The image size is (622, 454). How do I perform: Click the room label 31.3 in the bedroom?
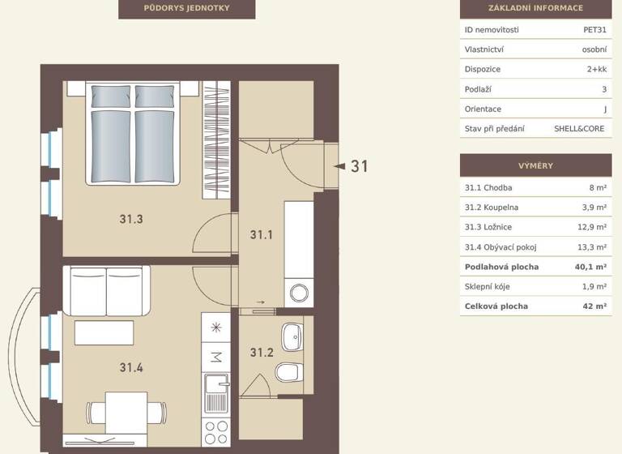coord(130,219)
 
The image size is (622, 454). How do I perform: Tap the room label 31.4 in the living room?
coord(130,367)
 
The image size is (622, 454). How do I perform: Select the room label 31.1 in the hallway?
coord(261,235)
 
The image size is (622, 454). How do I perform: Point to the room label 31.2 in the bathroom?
coord(261,353)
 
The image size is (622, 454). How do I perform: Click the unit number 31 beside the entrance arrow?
coord(360,166)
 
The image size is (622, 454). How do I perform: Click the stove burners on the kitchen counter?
coord(216,431)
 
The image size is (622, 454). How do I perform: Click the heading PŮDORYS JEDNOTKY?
coord(186,8)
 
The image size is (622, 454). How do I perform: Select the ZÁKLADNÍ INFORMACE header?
coord(535,8)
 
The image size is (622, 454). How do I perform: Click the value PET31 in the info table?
coord(594,30)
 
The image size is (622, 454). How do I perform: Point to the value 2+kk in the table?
coord(596,70)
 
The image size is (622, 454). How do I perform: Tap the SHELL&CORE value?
coord(579,129)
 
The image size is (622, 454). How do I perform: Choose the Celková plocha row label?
coord(496,306)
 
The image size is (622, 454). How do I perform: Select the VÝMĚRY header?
coord(535,166)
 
